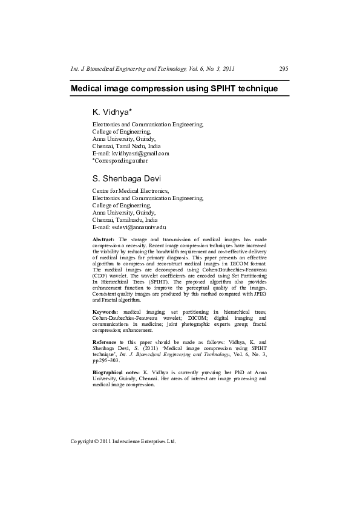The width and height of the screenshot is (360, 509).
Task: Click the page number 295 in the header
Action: pos(284,70)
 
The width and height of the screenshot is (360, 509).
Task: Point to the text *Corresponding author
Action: pos(120,161)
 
